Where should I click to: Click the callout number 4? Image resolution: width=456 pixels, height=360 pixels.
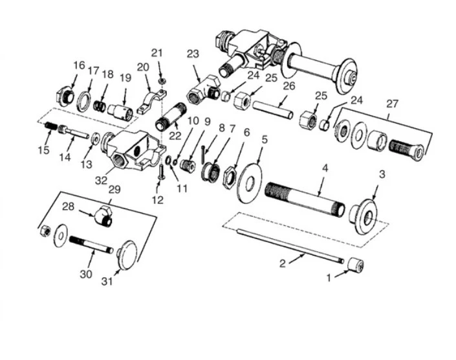pos(325,167)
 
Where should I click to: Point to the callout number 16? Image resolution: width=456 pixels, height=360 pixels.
pos(79,65)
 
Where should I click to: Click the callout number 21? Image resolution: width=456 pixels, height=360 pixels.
pos(157,52)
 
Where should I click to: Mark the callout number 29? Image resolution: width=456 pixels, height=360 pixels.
pos(114,189)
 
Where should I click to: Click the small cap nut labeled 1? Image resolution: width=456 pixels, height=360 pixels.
pos(355,265)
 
